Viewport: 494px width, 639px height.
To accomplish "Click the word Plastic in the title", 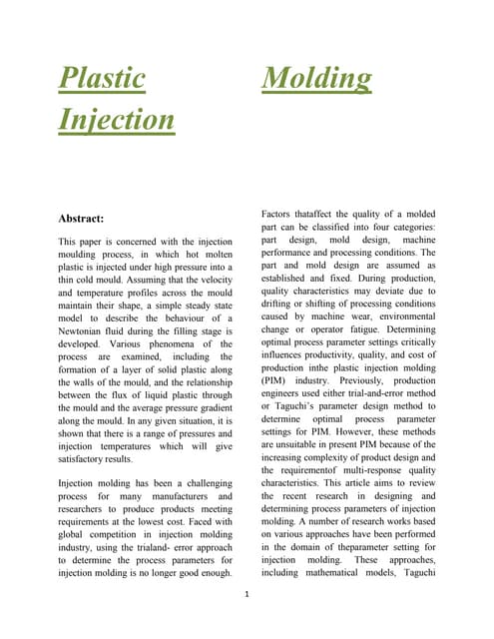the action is pyautogui.click(x=101, y=78).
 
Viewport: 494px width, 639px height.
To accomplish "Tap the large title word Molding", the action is pyautogui.click(x=316, y=78).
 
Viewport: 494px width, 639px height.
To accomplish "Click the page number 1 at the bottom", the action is pyautogui.click(x=246, y=594).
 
